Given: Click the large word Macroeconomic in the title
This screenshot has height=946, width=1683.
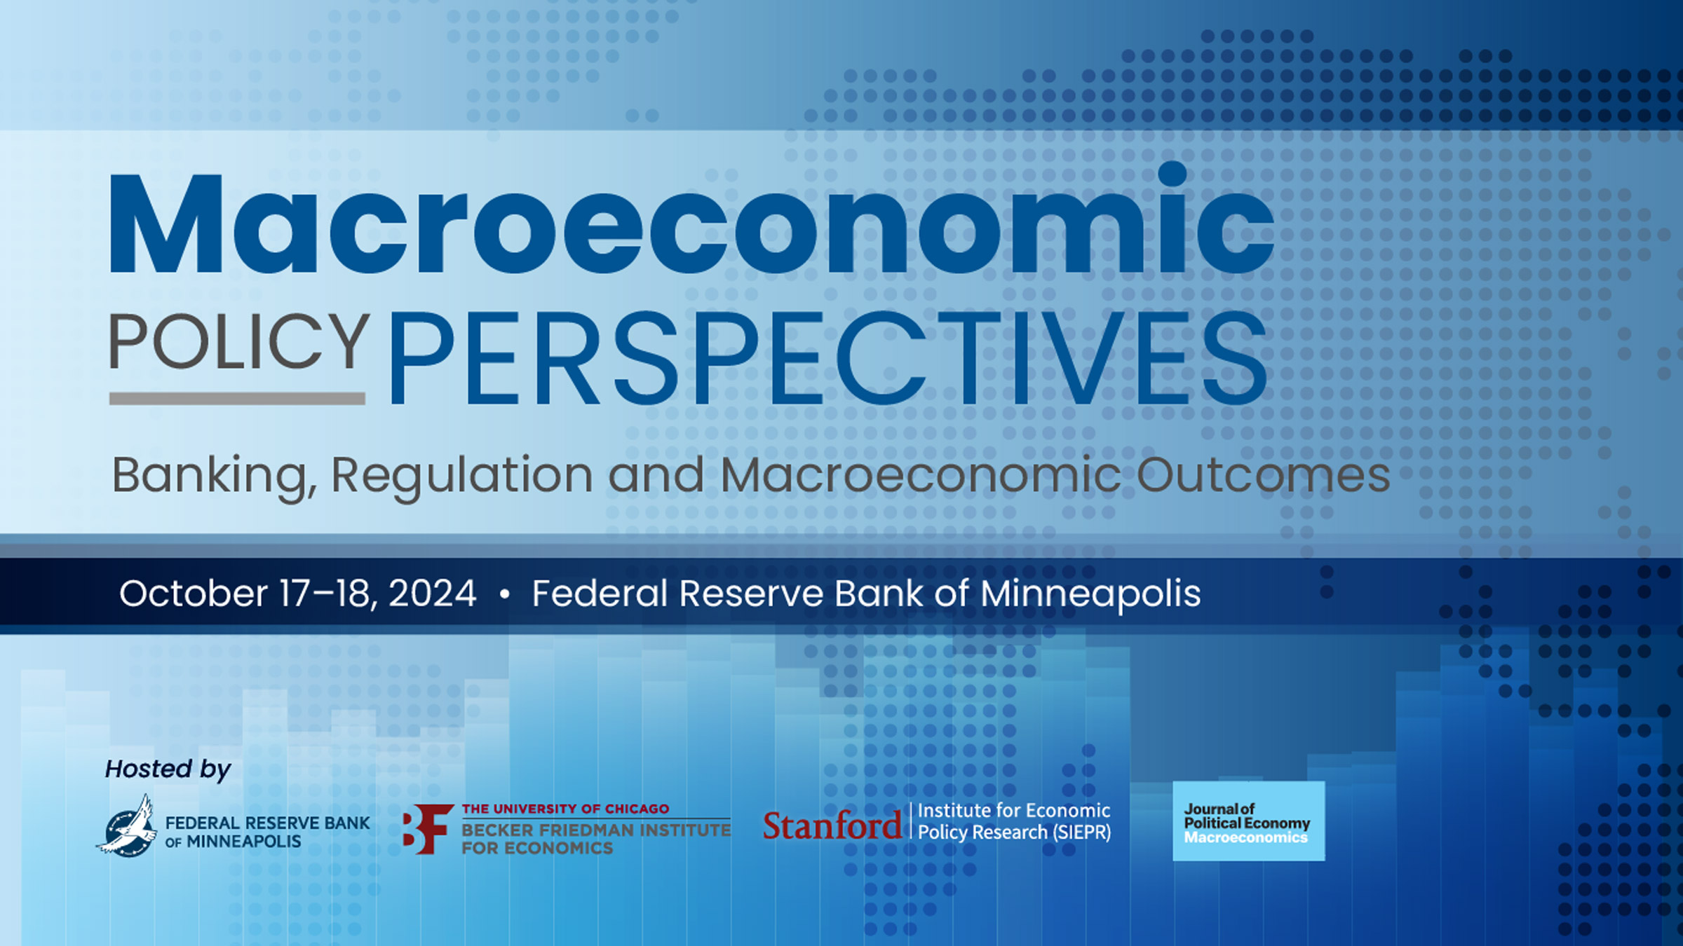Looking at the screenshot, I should point(691,224).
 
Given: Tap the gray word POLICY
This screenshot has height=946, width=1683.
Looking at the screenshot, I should point(239,341).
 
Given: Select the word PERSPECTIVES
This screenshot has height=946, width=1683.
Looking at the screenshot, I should point(827,359).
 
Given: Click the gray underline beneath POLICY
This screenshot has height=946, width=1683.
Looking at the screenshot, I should point(237,399).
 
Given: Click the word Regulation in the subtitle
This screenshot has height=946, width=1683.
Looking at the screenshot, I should point(462,476).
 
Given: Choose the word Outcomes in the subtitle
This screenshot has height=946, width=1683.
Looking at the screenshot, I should point(1263,476).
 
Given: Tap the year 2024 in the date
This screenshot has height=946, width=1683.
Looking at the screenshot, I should point(432,594).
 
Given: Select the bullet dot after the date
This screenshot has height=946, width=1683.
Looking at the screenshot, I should point(504,595).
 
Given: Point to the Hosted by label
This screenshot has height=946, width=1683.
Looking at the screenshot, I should point(168,769).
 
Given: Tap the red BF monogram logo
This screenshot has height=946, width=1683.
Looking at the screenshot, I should point(427,829).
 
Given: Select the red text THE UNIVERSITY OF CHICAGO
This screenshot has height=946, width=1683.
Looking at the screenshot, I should point(565,809).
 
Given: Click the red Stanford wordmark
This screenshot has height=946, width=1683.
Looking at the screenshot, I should point(832,826).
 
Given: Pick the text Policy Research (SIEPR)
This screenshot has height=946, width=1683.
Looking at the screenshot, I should point(1014,832).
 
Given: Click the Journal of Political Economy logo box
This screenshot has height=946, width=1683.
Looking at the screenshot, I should point(1248,821).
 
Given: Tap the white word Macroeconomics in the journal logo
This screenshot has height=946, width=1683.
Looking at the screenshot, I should point(1245,837).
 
